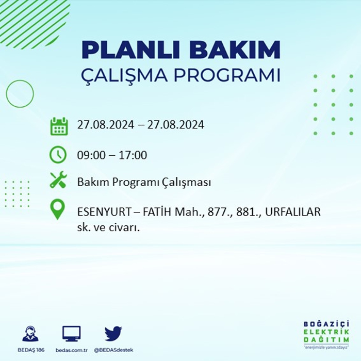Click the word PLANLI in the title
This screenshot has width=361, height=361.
coord(130,50)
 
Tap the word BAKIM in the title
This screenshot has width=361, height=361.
coord(235,50)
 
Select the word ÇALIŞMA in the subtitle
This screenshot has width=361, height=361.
coord(124,75)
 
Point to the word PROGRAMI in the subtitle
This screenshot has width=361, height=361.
coord(227,75)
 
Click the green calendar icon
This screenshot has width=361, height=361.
coord(59,126)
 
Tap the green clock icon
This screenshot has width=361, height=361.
coord(58,155)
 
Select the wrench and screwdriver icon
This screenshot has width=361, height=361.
coord(58,179)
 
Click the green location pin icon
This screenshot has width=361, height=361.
coord(57,209)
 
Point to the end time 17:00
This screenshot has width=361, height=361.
coord(133,155)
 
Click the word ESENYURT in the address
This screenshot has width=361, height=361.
coord(104,212)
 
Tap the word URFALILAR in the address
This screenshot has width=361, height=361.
coord(293,212)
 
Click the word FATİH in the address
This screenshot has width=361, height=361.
coord(157,211)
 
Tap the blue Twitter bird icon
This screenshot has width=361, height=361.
coord(113,333)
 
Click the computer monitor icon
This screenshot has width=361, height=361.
coord(72,334)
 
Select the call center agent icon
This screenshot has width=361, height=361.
coord(30,333)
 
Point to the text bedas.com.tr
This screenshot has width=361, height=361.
coord(72,350)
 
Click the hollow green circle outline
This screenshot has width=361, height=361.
coord(6,94)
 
